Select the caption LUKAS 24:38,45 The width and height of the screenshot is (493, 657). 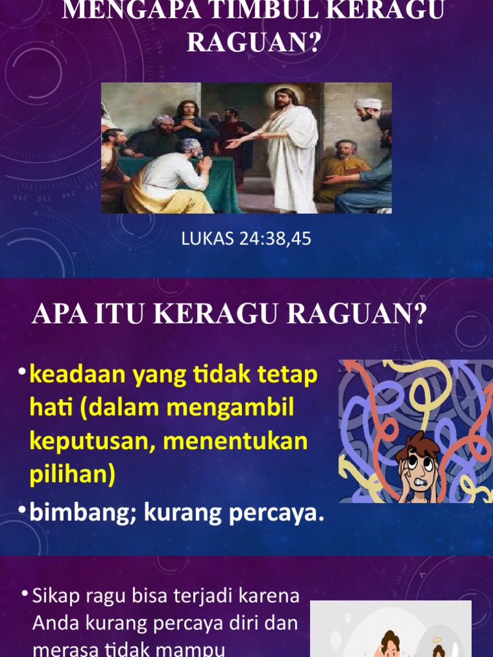[246, 239]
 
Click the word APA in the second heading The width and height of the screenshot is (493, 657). [60, 315]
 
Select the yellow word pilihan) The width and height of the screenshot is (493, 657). [72, 475]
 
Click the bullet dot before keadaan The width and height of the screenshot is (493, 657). [22, 372]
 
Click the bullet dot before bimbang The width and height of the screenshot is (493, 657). [22, 510]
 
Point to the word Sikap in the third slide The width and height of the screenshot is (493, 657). [54, 596]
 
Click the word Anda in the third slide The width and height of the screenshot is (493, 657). [53, 623]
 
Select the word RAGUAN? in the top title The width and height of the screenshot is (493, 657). [246, 42]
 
